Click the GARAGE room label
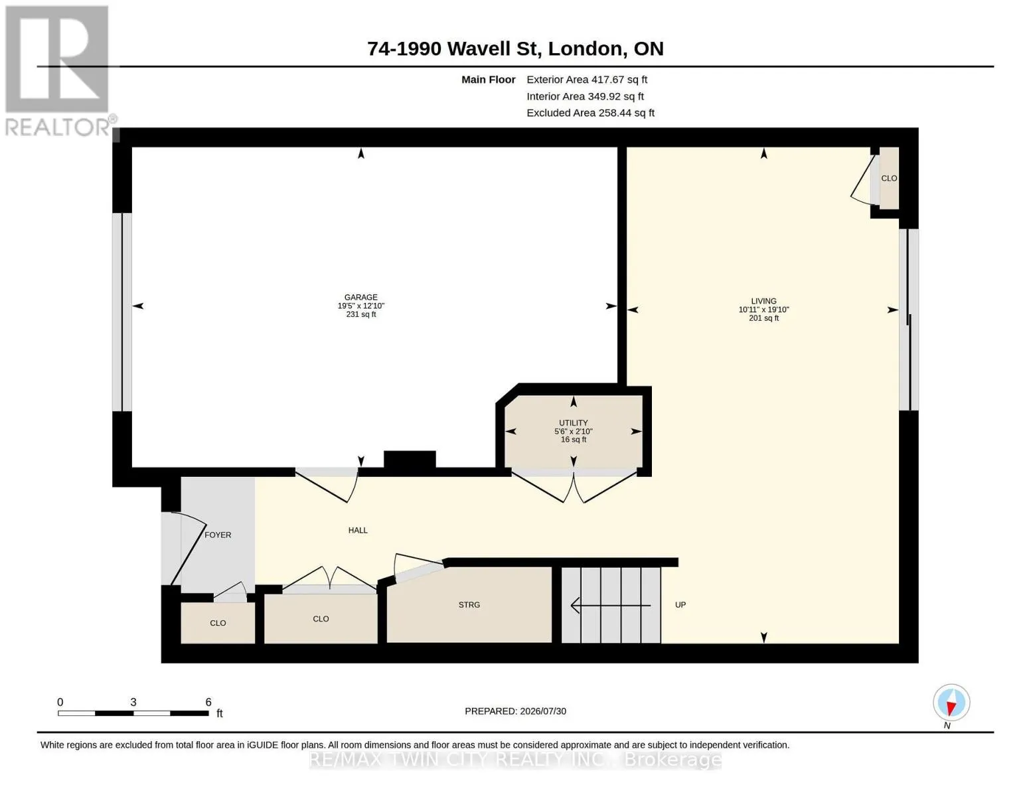[360, 297]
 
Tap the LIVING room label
[763, 301]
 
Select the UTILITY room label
[573, 422]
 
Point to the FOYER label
[218, 535]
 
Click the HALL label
[358, 530]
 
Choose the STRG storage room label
[469, 605]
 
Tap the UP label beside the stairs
[680, 605]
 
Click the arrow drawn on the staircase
[610, 605]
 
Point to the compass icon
[951, 702]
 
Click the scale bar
[133, 713]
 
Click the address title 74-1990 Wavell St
[454, 48]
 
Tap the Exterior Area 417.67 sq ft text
[587, 80]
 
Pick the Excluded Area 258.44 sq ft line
[590, 113]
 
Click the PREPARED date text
[515, 711]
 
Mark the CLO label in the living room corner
[889, 179]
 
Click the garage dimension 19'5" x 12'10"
[360, 306]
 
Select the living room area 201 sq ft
[763, 318]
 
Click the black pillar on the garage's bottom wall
[410, 460]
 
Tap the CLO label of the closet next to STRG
[321, 619]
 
